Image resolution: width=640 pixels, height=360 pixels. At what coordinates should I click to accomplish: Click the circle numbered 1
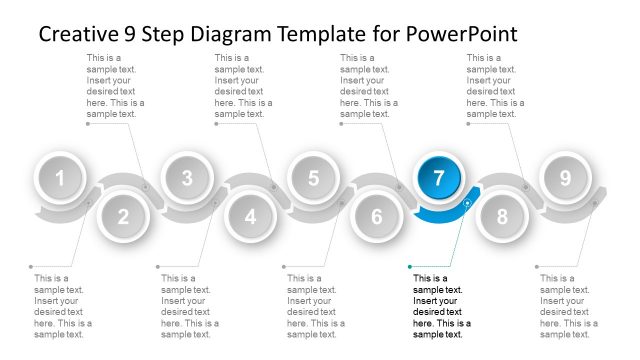(60, 180)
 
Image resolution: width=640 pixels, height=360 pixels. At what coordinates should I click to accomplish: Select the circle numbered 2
(123, 216)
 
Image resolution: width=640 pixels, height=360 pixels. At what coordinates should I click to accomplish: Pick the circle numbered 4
(250, 216)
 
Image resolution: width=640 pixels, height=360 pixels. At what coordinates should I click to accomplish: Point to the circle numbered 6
(376, 216)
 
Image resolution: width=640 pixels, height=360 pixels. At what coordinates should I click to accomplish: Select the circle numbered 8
(502, 216)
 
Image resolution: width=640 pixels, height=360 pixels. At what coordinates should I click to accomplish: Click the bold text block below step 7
(441, 306)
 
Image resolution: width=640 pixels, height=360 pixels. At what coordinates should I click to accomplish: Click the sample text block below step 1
(63, 306)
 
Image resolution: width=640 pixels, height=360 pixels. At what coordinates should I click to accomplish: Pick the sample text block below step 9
(568, 306)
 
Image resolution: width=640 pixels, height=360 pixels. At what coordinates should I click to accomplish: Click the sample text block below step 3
(189, 306)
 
